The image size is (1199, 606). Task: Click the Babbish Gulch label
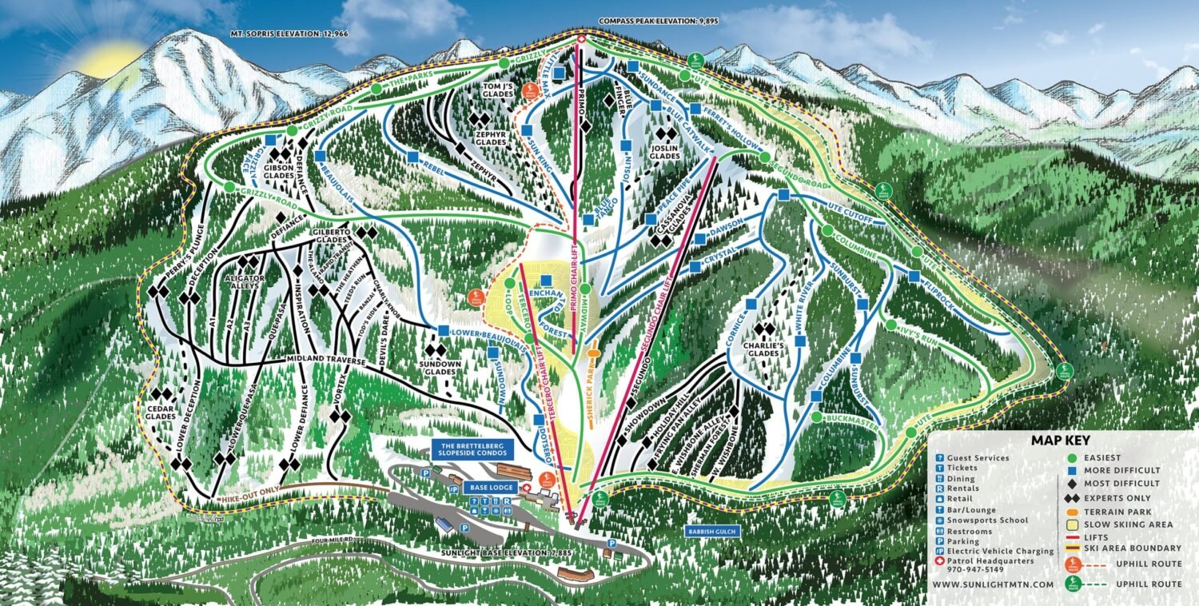pyautogui.click(x=713, y=530)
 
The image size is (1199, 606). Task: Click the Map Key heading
pyautogui.click(x=1060, y=440)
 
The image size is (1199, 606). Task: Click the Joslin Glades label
pyautogui.click(x=663, y=153)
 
